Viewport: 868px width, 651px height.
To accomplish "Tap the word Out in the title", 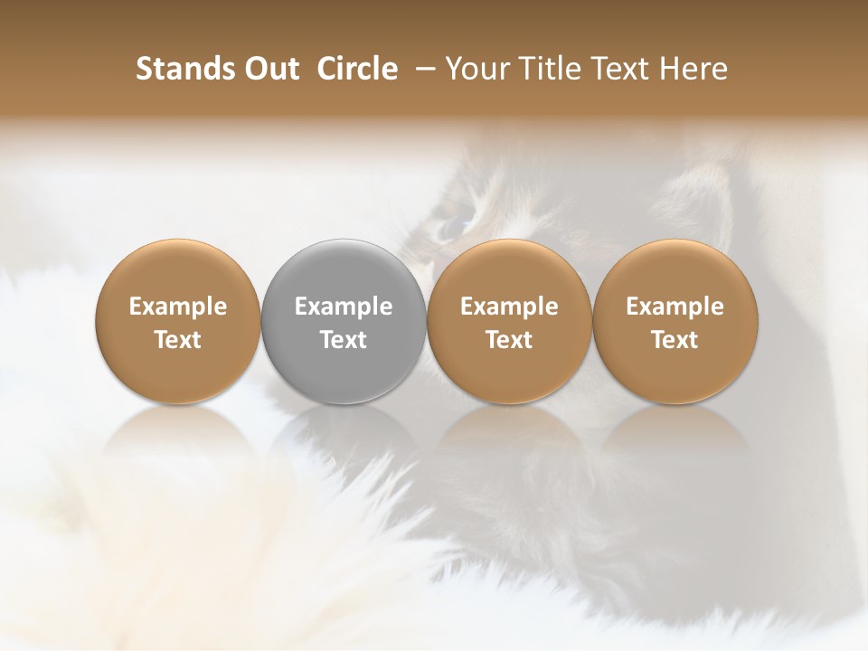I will click(269, 69).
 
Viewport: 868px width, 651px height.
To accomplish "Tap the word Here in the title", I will click(692, 69).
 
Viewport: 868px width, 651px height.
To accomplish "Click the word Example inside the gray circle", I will click(344, 307).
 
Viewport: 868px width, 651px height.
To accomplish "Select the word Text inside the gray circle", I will click(344, 340).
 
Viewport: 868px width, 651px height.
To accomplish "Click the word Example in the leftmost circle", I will click(178, 307).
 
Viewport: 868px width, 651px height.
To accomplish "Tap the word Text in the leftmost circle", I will click(178, 340).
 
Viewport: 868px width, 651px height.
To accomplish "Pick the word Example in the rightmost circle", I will click(675, 307).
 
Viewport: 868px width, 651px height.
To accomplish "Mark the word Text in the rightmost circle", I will click(675, 340).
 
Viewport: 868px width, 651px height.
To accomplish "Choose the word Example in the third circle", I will click(509, 307).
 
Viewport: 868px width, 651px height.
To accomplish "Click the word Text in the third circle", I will click(509, 340).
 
